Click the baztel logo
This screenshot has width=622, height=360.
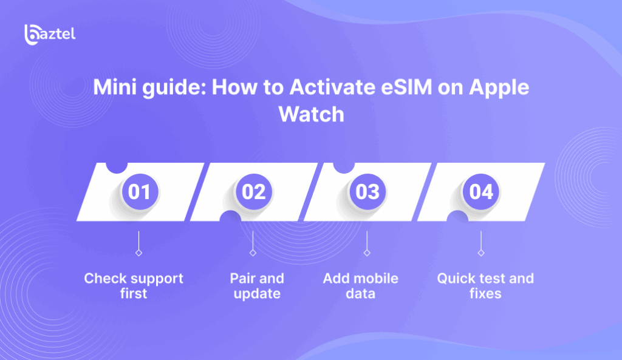click(x=50, y=33)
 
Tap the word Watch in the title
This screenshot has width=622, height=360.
click(x=311, y=114)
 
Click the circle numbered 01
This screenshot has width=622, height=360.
click(x=140, y=192)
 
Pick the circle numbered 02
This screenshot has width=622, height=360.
click(x=254, y=192)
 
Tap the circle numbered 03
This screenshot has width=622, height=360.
click(x=367, y=192)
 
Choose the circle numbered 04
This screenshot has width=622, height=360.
click(x=481, y=192)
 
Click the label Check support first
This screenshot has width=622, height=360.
click(x=134, y=286)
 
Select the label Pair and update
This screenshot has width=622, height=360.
click(x=257, y=286)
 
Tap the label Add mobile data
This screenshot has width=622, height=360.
click(x=361, y=286)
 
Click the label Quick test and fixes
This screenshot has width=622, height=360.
click(x=485, y=286)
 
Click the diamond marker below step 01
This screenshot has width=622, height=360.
click(x=139, y=252)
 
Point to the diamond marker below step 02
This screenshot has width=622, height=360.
click(x=253, y=252)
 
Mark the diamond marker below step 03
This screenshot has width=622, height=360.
click(x=367, y=252)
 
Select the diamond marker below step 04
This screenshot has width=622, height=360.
click(x=481, y=252)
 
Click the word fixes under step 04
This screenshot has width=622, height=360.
click(x=485, y=294)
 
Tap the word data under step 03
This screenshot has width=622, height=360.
click(x=361, y=294)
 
